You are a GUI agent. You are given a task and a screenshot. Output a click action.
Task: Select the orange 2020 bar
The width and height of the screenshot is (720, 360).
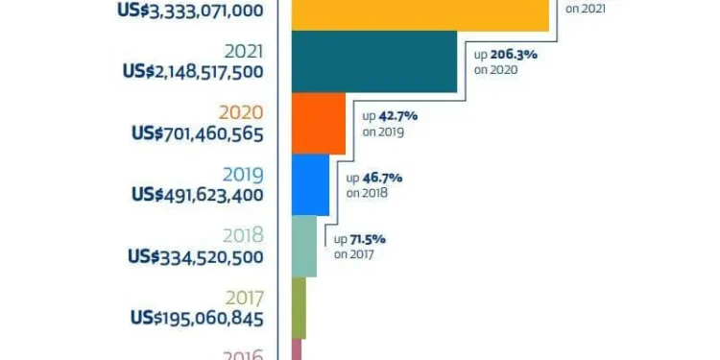click(317, 123)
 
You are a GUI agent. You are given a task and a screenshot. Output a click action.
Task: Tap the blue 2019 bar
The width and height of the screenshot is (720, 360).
click(309, 184)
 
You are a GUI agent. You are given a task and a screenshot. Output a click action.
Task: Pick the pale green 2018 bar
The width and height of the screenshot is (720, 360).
click(302, 246)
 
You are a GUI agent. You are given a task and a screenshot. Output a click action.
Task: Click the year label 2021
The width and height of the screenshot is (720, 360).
click(244, 52)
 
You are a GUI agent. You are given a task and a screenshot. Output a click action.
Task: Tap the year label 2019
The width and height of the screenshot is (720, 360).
click(244, 175)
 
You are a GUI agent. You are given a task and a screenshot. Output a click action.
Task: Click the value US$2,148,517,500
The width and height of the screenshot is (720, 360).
click(192, 72)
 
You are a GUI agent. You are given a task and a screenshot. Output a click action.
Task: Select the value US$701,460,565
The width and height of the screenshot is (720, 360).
click(198, 133)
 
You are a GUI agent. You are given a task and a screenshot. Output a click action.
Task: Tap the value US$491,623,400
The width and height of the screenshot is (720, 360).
click(198, 195)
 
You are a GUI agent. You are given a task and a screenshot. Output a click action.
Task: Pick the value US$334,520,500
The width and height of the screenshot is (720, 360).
click(196, 256)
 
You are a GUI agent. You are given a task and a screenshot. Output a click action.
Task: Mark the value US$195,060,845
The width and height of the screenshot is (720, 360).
click(198, 318)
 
